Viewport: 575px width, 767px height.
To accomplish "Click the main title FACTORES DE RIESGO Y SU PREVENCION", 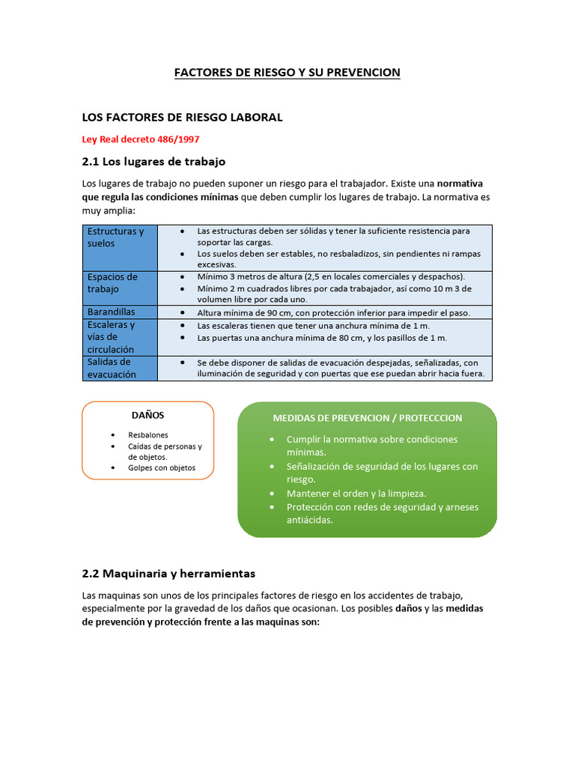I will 287,73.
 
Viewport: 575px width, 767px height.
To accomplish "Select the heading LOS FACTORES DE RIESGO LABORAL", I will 182,118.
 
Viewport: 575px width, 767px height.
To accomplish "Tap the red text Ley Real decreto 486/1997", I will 141,139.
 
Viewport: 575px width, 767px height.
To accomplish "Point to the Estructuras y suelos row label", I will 116,237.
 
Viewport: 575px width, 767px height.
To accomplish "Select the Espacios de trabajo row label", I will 113,282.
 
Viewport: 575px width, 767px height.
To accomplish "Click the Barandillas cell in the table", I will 112,312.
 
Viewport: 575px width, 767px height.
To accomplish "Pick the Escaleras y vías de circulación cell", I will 112,337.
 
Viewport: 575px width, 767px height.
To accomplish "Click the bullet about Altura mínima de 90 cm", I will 333,313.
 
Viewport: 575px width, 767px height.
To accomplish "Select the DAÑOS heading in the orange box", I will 147,415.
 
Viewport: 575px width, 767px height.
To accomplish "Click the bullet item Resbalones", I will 148,434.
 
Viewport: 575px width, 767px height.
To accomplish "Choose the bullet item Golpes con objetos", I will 162,467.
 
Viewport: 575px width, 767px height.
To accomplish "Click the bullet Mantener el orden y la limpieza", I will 356,494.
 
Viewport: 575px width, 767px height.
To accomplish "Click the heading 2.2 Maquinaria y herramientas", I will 168,574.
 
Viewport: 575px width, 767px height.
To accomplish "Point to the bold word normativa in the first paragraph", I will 460,183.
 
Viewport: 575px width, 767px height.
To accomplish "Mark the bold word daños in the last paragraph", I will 408,608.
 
